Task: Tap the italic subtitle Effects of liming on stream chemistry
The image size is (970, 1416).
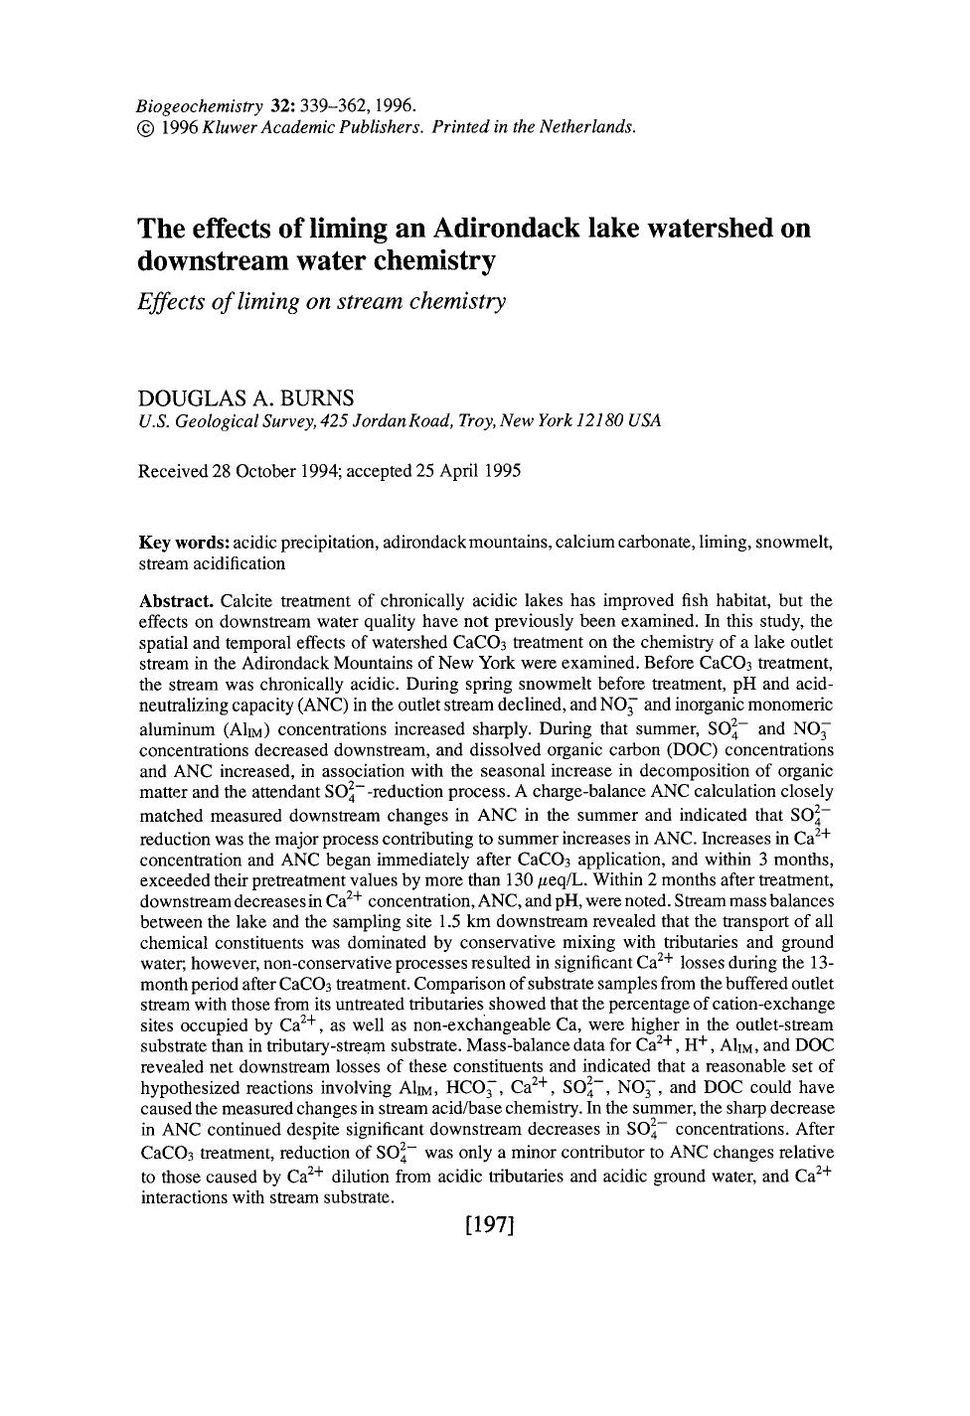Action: [x=321, y=301]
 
